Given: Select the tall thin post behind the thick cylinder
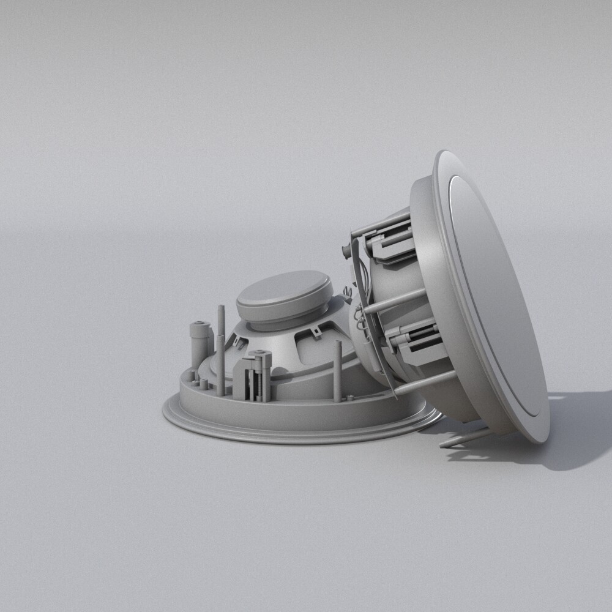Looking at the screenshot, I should coord(220,349).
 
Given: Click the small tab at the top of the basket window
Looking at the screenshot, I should coord(315,332).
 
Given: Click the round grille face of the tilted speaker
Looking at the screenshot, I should coord(496,294).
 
